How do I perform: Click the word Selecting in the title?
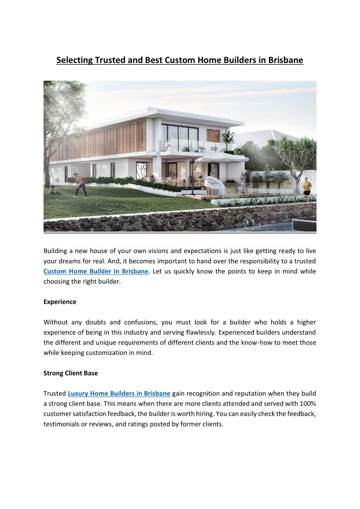coord(74,60)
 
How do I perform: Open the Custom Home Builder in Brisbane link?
coord(96,271)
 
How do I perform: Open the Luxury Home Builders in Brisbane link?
coord(119,393)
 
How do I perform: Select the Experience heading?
coord(60,302)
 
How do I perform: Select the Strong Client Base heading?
coord(71,373)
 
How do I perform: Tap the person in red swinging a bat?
coord(80,184)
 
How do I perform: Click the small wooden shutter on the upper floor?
coord(213,135)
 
